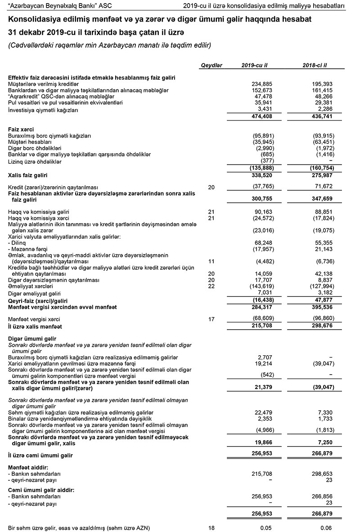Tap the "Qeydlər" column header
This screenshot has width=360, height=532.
(x=211, y=66)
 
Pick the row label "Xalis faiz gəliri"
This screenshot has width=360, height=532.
(x=28, y=175)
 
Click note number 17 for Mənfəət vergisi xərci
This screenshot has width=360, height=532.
(x=211, y=319)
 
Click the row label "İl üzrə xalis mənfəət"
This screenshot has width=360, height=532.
(x=35, y=326)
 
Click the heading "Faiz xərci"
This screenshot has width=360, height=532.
(x=21, y=129)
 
